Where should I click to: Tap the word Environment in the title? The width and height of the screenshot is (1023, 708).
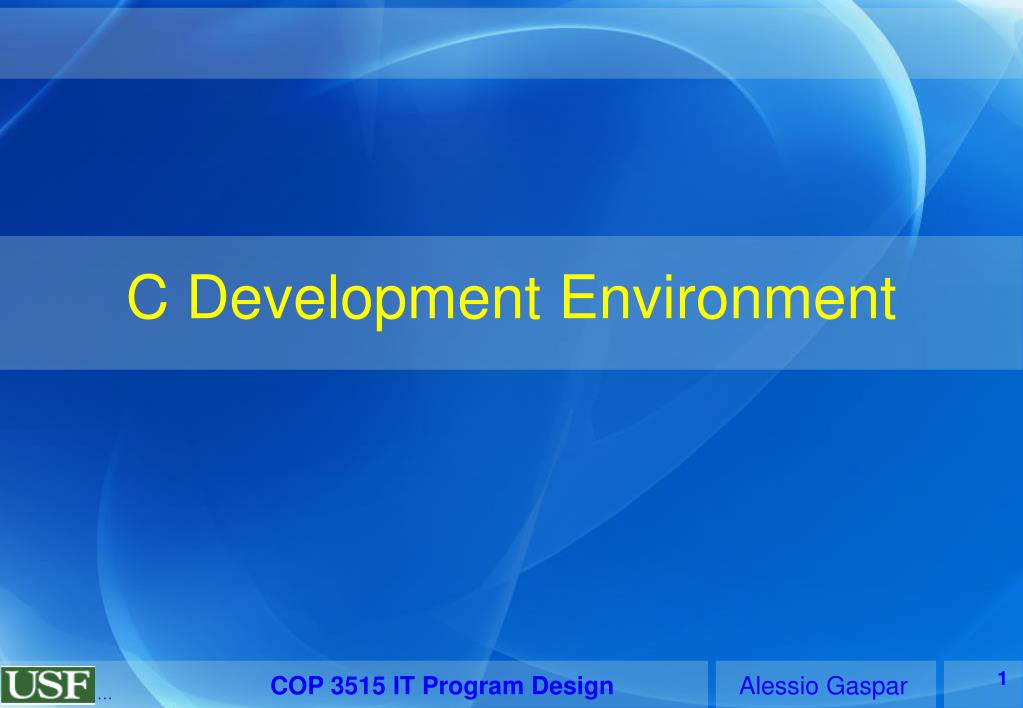728,298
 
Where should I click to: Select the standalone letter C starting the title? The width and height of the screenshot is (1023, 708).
147,297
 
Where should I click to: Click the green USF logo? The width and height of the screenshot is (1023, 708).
48,685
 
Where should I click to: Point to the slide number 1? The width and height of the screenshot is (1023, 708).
1002,679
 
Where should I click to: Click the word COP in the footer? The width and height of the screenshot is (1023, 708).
297,686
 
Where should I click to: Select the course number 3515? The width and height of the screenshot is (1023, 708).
358,686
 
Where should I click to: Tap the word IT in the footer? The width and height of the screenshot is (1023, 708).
404,686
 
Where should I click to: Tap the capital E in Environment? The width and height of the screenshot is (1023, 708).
578,297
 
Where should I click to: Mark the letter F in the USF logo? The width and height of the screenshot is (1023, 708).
78,685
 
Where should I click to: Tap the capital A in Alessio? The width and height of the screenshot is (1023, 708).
750,686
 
